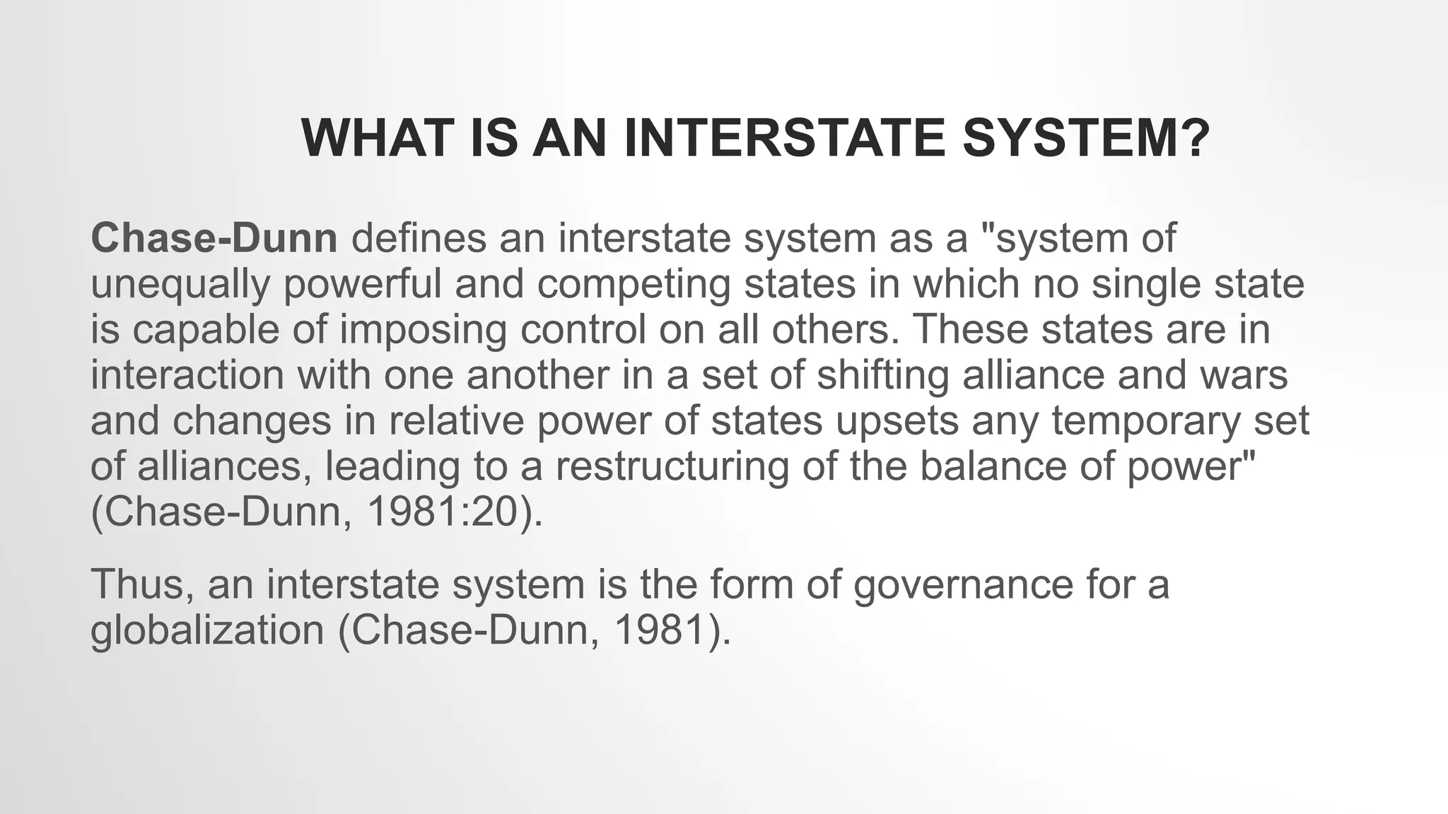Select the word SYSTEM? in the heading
coord(1087,138)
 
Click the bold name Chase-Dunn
coord(214,238)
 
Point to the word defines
coord(419,238)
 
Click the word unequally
coord(180,284)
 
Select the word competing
coord(633,284)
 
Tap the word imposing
coord(423,329)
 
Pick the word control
coord(583,329)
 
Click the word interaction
coord(187,374)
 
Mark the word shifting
coord(883,374)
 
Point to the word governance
coord(964,584)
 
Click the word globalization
coord(207,630)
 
